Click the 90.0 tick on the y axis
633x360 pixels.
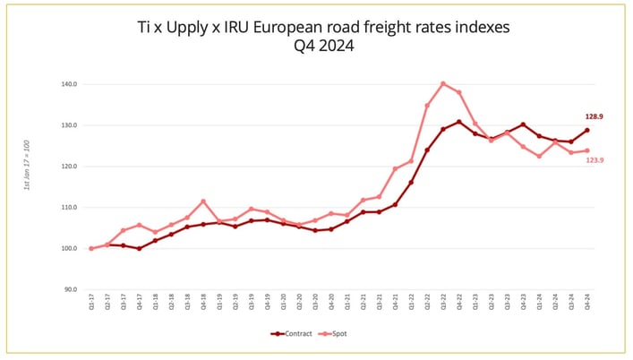tap(69, 289)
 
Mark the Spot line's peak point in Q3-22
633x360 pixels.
tap(443, 83)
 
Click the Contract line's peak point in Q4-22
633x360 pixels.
tap(459, 122)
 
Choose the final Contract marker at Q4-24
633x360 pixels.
tap(586, 130)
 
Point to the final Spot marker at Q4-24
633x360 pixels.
tap(586, 150)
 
